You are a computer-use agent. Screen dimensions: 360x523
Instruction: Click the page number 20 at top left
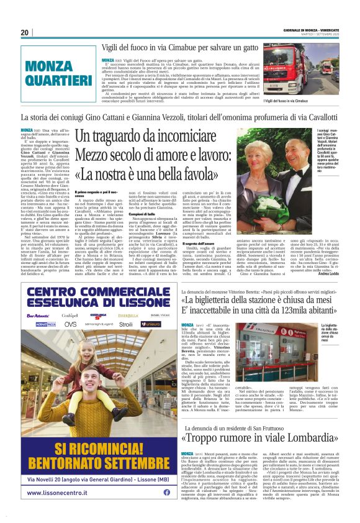tap(25, 32)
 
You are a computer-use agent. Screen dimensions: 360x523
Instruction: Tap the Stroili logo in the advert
tap(126, 324)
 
